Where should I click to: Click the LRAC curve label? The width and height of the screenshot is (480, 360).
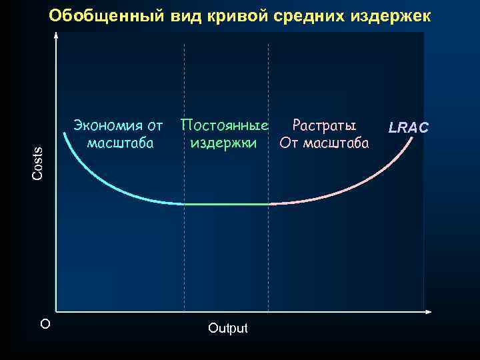pos(409,127)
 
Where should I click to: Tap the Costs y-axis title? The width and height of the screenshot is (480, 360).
pos(38,162)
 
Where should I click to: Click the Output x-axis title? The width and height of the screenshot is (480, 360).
pos(227,328)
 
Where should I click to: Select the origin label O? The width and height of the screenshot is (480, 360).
pos(45,324)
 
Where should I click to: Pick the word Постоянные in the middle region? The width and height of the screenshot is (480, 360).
pos(225,125)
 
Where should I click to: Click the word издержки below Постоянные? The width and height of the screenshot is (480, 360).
pos(223,143)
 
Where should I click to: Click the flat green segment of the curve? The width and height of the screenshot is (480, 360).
pos(226,204)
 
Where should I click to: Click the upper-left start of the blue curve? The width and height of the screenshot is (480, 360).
pos(65,135)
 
